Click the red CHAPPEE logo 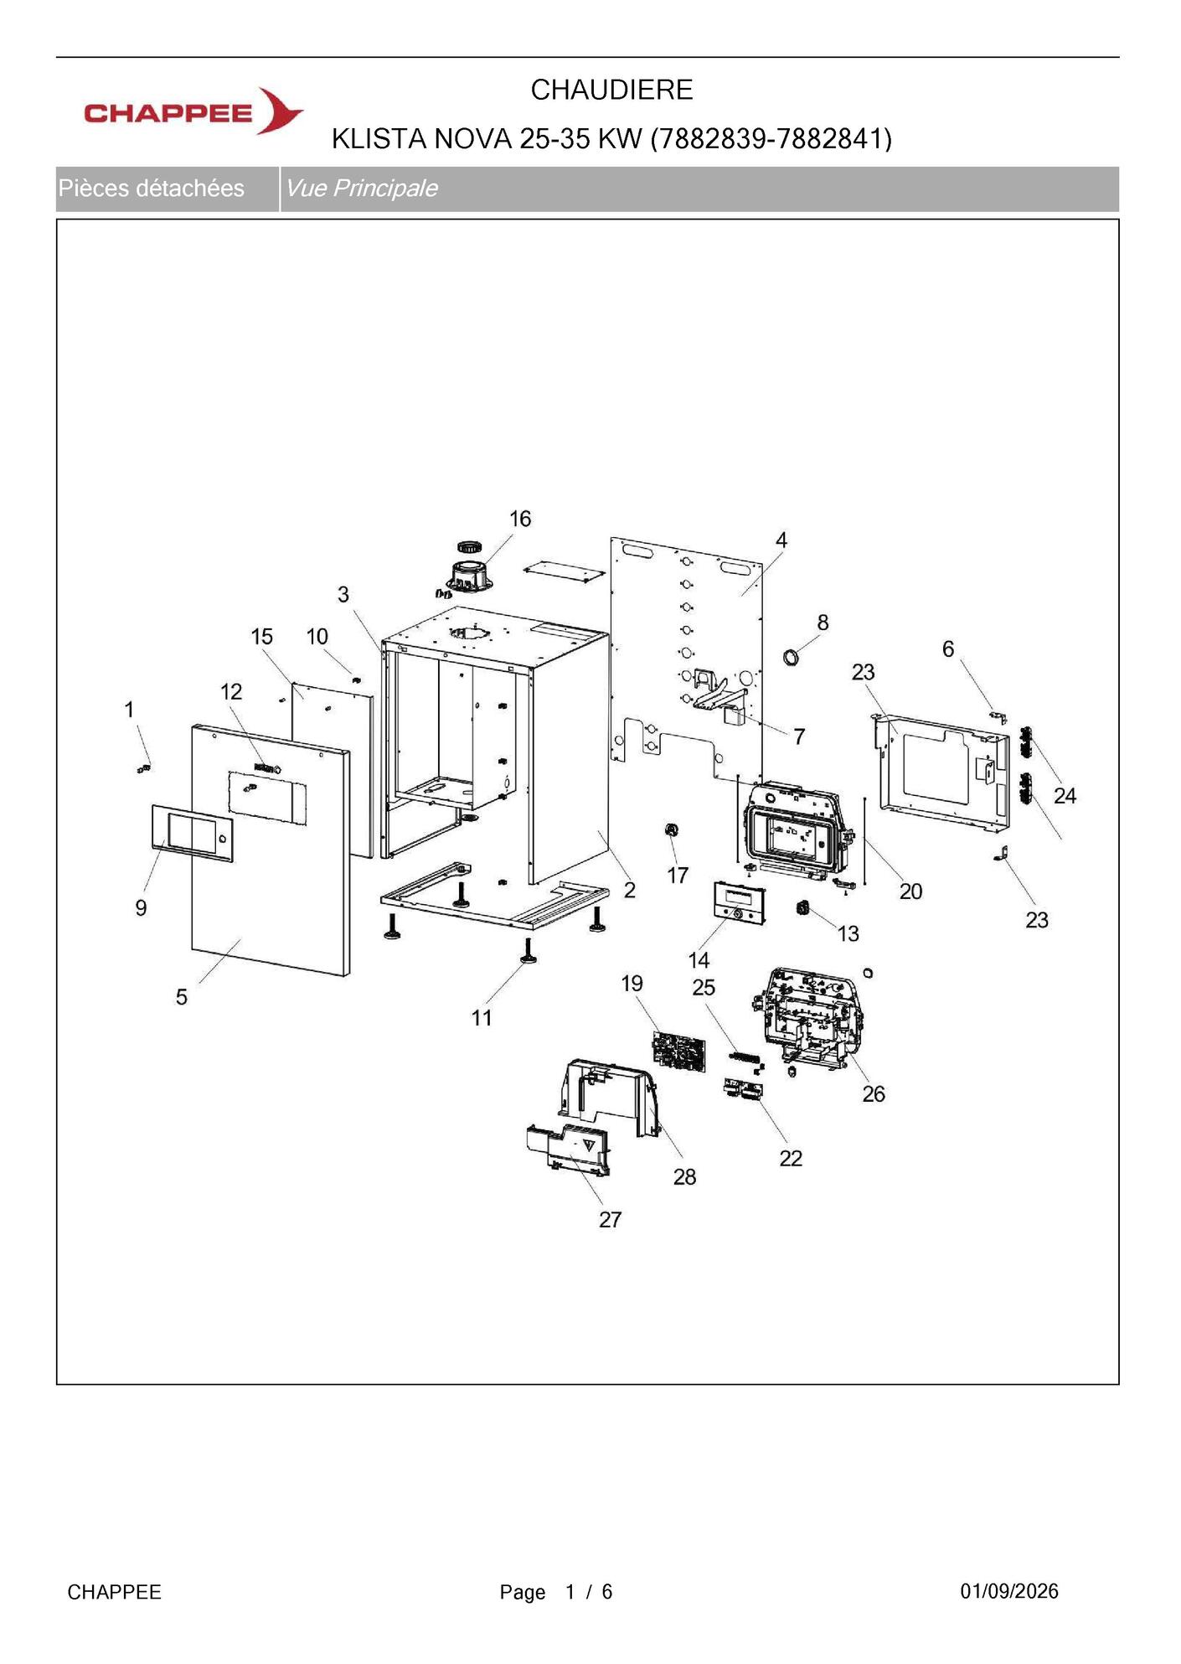click(193, 111)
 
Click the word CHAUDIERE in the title click(611, 90)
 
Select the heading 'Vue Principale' click(361, 188)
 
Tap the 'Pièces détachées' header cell click(152, 188)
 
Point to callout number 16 click(520, 519)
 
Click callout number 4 click(781, 540)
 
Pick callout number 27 click(610, 1219)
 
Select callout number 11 click(482, 1017)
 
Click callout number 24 click(1065, 795)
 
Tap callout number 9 click(141, 907)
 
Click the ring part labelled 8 click(791, 656)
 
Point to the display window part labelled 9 click(193, 834)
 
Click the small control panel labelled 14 click(740, 903)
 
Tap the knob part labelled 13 click(803, 907)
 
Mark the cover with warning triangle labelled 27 click(569, 1150)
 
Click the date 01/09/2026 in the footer click(1009, 1591)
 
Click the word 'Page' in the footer click(523, 1592)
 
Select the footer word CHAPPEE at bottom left click(114, 1592)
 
